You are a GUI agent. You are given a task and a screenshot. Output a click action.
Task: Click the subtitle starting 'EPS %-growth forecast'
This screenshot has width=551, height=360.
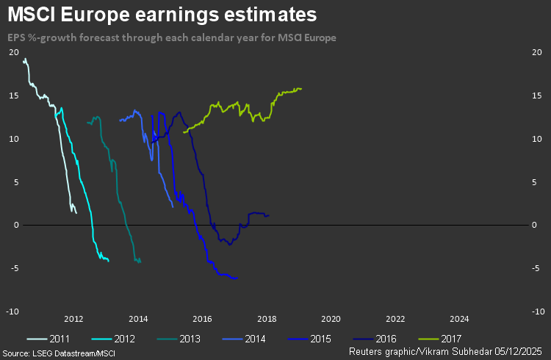pyautogui.click(x=176, y=37)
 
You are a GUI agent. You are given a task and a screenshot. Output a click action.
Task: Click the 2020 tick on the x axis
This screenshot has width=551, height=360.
pyautogui.click(x=331, y=319)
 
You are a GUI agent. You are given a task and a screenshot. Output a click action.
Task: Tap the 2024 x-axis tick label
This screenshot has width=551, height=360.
pyautogui.click(x=459, y=319)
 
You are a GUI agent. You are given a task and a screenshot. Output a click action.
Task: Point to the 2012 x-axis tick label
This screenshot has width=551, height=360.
pyautogui.click(x=73, y=319)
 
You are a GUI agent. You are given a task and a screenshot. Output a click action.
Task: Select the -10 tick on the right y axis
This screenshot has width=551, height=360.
pyautogui.click(x=536, y=312)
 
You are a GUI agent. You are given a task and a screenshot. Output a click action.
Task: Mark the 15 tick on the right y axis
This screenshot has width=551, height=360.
pyautogui.click(x=535, y=96)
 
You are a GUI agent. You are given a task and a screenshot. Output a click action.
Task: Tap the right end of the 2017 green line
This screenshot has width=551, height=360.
pyautogui.click(x=301, y=89)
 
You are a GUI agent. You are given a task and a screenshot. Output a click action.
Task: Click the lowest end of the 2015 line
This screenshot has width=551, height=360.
pyautogui.click(x=236, y=278)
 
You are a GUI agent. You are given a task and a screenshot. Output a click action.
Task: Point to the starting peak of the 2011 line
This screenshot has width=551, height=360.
pyautogui.click(x=24, y=59)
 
